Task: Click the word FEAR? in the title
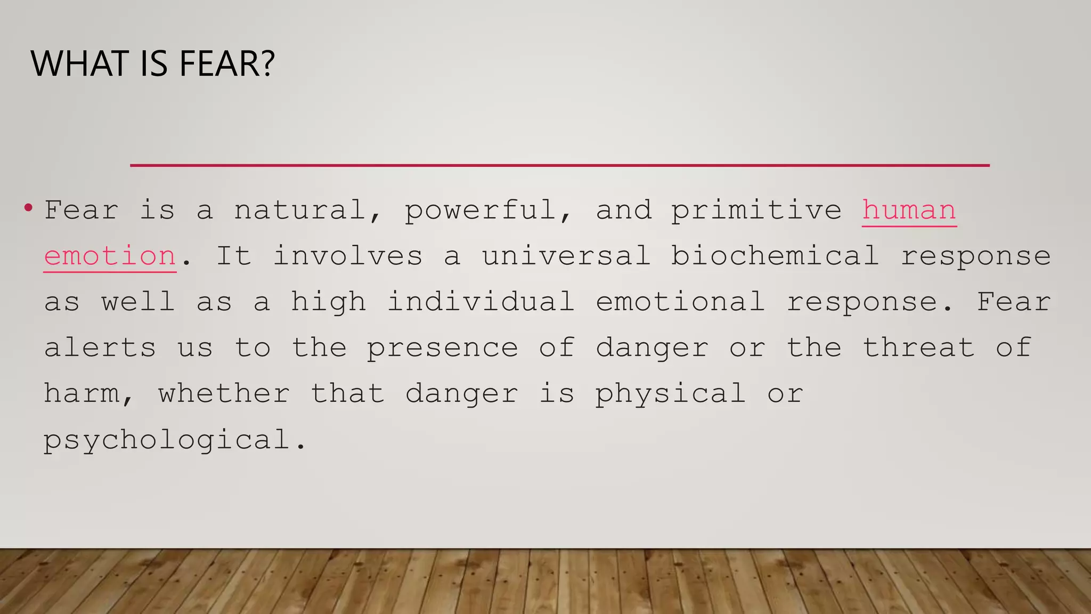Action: [227, 63]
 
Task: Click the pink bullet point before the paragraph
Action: [28, 207]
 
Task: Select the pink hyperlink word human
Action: [909, 210]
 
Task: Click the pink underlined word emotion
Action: [110, 256]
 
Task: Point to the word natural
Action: [299, 210]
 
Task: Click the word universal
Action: [566, 256]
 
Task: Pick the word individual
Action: [481, 302]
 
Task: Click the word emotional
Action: [680, 302]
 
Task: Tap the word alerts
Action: [100, 348]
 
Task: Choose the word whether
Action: [224, 394]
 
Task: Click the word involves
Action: [348, 256]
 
